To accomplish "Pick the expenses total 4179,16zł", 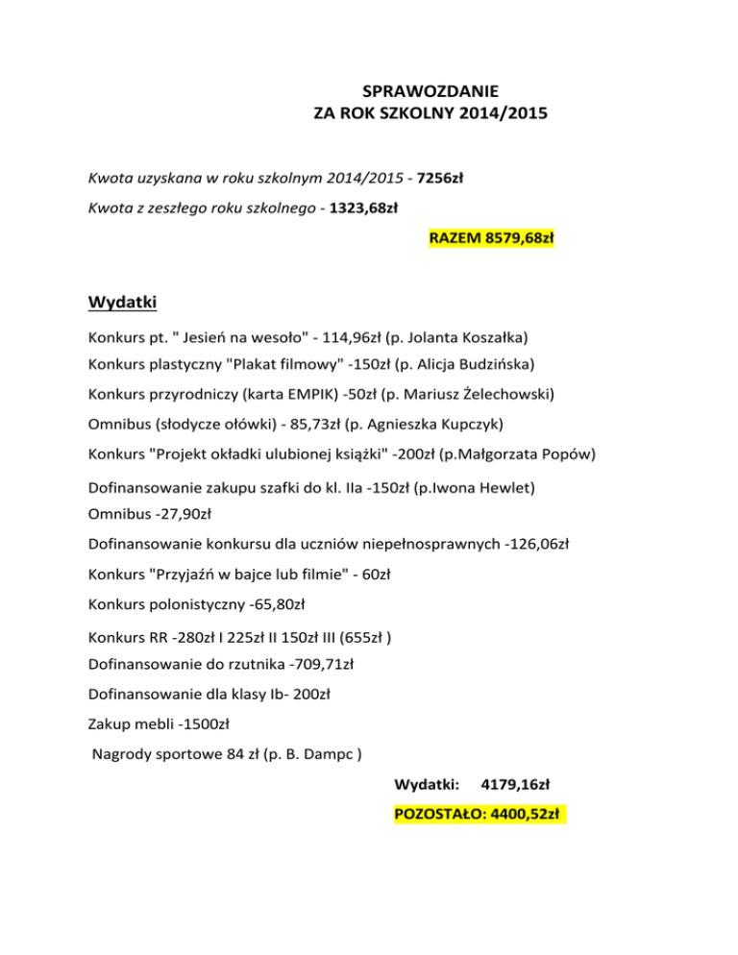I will click(515, 785).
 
